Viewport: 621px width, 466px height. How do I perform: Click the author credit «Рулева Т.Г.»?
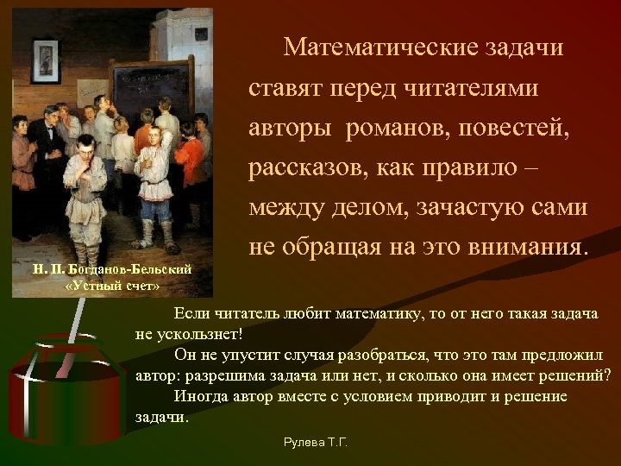(316, 442)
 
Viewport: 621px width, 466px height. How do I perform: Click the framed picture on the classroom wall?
(43, 57)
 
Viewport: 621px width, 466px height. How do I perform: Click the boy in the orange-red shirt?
(191, 155)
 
